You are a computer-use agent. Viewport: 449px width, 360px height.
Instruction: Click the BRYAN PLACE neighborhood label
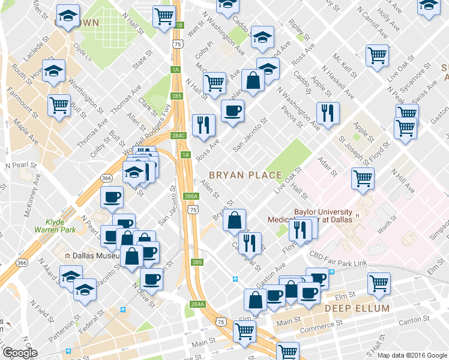click(245, 175)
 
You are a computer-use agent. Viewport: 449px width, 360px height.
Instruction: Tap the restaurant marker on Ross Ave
click(203, 125)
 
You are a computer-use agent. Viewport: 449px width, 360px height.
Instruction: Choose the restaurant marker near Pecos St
click(327, 113)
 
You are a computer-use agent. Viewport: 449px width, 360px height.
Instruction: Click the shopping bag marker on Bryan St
click(234, 221)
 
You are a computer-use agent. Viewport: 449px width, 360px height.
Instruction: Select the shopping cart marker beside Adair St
click(363, 178)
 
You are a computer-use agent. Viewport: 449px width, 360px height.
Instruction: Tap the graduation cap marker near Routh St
click(54, 70)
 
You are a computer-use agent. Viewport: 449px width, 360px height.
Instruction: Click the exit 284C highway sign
click(178, 136)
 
